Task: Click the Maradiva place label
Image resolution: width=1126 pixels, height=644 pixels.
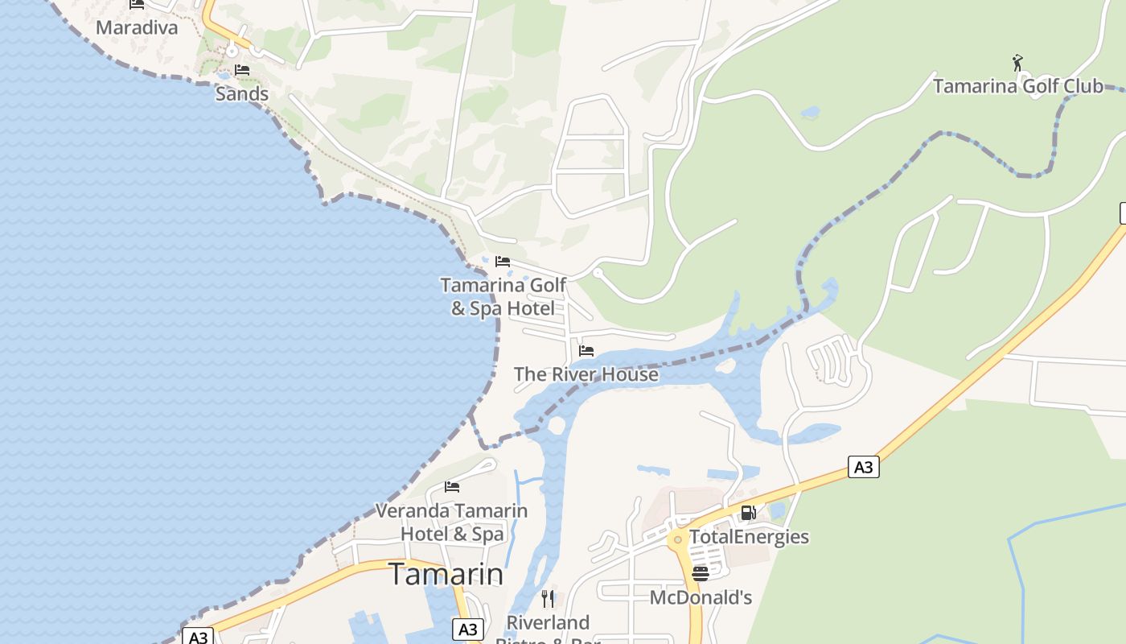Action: click(x=137, y=27)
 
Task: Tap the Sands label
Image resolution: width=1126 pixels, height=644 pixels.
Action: click(x=241, y=93)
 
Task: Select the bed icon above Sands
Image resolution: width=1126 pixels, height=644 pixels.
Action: click(x=242, y=70)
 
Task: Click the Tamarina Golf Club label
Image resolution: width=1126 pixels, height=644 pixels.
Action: click(x=1017, y=85)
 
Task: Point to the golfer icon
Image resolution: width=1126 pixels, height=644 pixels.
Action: click(x=1017, y=62)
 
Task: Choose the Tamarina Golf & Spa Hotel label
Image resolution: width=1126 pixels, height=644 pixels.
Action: click(x=503, y=296)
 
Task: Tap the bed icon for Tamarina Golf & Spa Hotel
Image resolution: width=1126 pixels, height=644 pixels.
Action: click(x=503, y=261)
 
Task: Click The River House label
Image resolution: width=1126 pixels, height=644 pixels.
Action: click(x=586, y=374)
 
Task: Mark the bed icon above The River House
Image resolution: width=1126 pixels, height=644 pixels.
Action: click(x=586, y=351)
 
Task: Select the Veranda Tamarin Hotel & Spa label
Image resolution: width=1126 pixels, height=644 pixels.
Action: click(x=452, y=522)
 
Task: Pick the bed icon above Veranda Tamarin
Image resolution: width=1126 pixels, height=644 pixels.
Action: click(x=452, y=486)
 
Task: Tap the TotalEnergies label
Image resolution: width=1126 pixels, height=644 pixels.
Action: click(x=749, y=537)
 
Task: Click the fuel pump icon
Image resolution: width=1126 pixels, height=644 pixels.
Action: click(x=748, y=513)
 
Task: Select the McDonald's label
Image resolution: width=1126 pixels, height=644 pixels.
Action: click(x=701, y=597)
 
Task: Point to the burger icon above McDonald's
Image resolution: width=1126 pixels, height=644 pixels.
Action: click(x=701, y=574)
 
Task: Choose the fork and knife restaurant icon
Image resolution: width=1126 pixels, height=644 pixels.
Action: click(x=548, y=598)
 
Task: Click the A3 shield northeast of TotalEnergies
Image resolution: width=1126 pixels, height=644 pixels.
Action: click(x=863, y=467)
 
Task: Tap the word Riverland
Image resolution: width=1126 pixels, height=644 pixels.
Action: click(x=548, y=622)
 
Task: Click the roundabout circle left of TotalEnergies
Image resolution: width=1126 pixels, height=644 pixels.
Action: click(x=678, y=539)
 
